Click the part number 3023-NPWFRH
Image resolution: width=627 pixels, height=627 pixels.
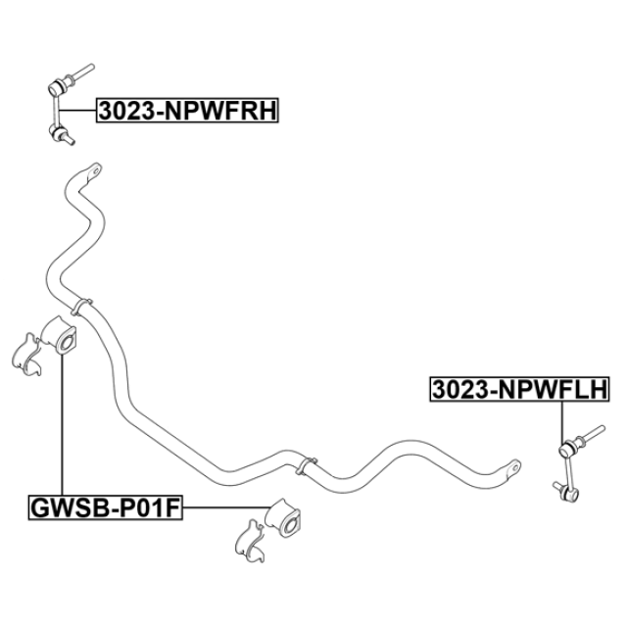click(187, 112)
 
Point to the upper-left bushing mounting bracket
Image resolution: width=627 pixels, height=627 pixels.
click(27, 357)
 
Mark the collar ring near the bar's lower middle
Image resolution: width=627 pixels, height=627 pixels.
click(308, 461)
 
